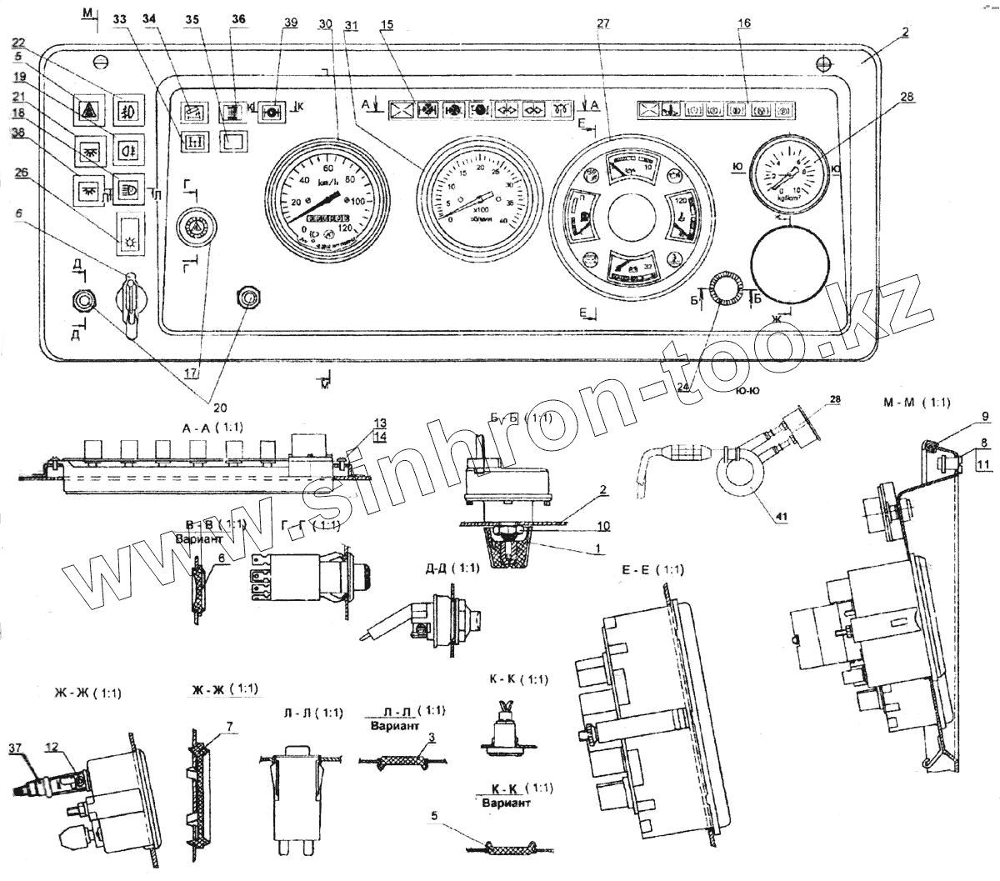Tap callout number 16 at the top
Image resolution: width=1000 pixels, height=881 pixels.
(x=744, y=23)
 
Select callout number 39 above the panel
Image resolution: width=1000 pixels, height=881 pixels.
(x=289, y=23)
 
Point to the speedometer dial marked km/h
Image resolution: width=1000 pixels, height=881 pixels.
(x=325, y=197)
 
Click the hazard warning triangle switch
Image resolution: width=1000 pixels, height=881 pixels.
(x=87, y=109)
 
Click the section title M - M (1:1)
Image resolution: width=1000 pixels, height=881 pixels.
(x=916, y=403)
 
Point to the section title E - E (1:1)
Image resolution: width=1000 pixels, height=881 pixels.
(x=652, y=570)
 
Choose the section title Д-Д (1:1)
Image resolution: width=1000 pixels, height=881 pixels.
(x=451, y=568)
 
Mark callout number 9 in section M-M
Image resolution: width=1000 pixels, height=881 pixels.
(x=984, y=416)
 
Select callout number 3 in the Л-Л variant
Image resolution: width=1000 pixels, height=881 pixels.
(x=431, y=738)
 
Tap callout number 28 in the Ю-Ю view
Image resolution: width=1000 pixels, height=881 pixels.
(x=834, y=400)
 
